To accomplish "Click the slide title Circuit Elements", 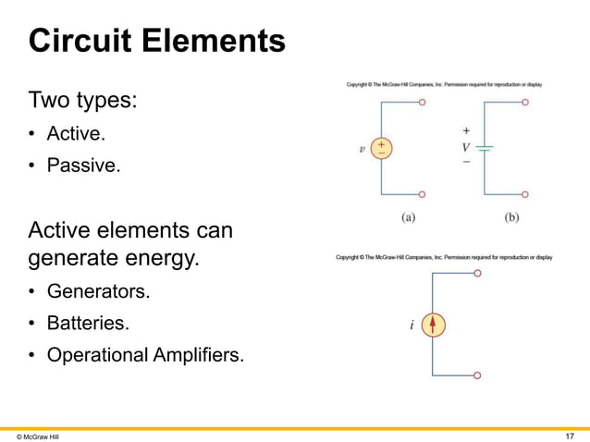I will [x=156, y=41].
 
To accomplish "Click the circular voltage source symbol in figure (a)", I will [x=381, y=149].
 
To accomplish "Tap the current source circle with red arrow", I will [x=435, y=325].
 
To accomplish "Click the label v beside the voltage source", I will [x=362, y=149].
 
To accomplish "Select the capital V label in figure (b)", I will [x=466, y=146].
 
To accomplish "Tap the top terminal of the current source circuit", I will [x=476, y=274].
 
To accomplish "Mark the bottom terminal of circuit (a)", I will [x=423, y=194].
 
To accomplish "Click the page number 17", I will [x=570, y=435].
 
